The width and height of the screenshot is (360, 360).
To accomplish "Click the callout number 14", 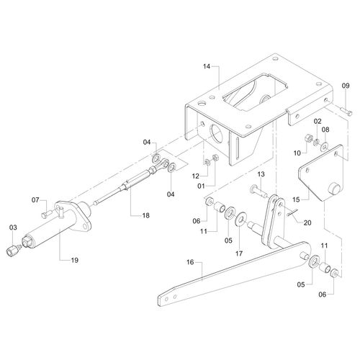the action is [x=207, y=66].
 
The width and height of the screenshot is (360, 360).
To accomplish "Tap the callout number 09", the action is [x=346, y=86].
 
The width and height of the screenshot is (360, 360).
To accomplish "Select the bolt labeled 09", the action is [x=346, y=110].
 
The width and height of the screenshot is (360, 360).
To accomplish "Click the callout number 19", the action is [x=75, y=260].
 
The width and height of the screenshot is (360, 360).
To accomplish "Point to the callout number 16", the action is [x=190, y=262].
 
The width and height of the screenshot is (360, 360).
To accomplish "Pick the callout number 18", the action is [x=146, y=215].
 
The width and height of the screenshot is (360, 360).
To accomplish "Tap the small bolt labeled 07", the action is [x=47, y=214].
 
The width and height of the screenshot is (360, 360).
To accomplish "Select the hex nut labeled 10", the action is [x=307, y=138].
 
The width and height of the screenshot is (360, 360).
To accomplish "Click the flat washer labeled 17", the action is [x=240, y=219].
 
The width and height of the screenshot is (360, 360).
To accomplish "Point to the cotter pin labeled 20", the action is [x=292, y=212].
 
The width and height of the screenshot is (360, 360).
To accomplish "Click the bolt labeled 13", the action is [x=258, y=192].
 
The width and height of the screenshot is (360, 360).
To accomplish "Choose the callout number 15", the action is [x=297, y=199].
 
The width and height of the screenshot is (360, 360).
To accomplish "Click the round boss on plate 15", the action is [x=334, y=188].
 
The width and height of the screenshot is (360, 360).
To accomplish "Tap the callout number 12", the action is [x=196, y=176].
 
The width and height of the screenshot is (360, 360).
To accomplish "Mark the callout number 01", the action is [x=201, y=186].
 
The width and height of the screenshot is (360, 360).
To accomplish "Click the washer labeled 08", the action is [x=325, y=146].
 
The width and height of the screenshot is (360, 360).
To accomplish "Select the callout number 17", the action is [x=239, y=253].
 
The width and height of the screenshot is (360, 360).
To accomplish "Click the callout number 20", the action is [x=307, y=222].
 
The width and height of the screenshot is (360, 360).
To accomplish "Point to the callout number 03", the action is [x=13, y=228].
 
